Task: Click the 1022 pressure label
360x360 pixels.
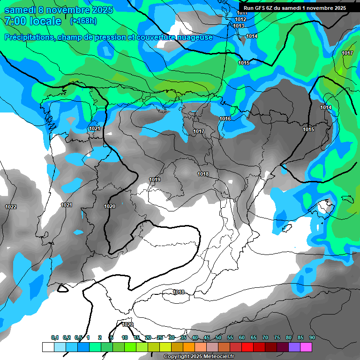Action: (11, 207)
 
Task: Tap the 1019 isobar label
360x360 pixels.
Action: (155, 180)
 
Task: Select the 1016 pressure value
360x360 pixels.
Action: (225, 119)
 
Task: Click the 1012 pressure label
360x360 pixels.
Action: (240, 19)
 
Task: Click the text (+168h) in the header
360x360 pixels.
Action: (83, 21)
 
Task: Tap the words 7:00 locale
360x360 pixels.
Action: (33, 21)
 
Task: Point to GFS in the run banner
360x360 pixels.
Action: (261, 8)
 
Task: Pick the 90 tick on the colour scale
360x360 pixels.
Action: (312, 337)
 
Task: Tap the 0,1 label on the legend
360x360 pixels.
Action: (54, 337)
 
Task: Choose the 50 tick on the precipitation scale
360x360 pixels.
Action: (218, 337)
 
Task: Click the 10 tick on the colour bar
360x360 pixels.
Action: (125, 337)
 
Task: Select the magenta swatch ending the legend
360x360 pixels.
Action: (306, 347)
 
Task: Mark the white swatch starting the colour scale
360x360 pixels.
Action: (48, 347)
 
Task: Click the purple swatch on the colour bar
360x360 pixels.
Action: (294, 347)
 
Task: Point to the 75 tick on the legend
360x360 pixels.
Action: (277, 337)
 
